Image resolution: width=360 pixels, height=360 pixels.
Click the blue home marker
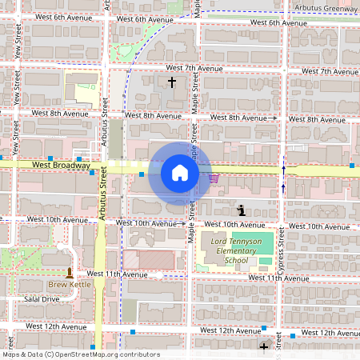pyautogui.click(x=179, y=173)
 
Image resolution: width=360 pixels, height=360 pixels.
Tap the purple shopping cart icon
pyautogui.click(x=214, y=178)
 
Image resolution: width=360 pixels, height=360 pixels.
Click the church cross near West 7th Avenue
pyautogui.click(x=171, y=82)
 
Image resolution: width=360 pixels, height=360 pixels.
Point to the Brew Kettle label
pyautogui.click(x=69, y=284)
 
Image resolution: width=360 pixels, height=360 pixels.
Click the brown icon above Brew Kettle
pyautogui.click(x=69, y=272)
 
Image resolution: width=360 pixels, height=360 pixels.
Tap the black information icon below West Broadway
pyautogui.click(x=241, y=210)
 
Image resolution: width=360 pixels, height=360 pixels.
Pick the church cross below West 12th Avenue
pyautogui.click(x=264, y=346)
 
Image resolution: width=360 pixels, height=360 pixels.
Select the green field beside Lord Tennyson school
pyautogui.click(x=263, y=243)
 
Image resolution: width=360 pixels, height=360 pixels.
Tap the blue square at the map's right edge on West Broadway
pyautogui.click(x=352, y=166)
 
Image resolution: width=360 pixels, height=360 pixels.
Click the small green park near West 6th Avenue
pyautogui.click(x=122, y=53)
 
